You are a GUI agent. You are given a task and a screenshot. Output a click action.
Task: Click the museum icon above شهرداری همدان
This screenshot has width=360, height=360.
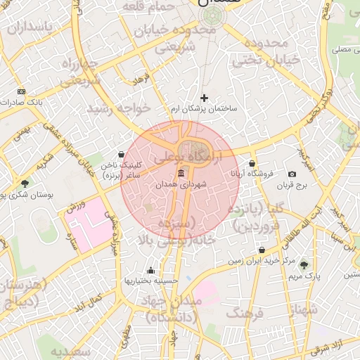181,174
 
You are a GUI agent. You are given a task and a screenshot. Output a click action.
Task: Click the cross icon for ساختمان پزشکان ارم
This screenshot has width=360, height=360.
205,98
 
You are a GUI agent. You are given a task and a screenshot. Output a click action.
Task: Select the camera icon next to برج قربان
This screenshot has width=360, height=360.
292,174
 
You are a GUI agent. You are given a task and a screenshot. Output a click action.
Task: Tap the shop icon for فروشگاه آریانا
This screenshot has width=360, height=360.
252,162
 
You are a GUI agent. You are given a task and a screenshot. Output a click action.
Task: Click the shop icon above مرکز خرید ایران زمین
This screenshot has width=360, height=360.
262,250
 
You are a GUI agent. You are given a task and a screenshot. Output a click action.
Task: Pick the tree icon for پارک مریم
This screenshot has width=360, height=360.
304,265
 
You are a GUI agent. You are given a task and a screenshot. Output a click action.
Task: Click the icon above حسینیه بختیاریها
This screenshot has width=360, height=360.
150,270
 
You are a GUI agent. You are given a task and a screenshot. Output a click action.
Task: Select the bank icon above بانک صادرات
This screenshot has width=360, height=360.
21,91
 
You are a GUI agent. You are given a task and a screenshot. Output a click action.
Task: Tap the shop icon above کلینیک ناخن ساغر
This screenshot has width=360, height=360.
122,154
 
